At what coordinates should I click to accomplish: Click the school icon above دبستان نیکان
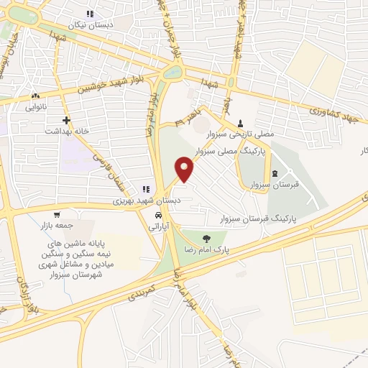point(91,14)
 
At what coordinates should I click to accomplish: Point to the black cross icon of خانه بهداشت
point(66,121)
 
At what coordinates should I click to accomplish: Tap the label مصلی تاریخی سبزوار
point(240,134)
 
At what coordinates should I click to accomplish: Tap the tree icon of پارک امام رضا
point(207,239)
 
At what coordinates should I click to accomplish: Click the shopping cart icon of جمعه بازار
point(57,214)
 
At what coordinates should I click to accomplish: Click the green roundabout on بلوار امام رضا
point(172,72)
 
